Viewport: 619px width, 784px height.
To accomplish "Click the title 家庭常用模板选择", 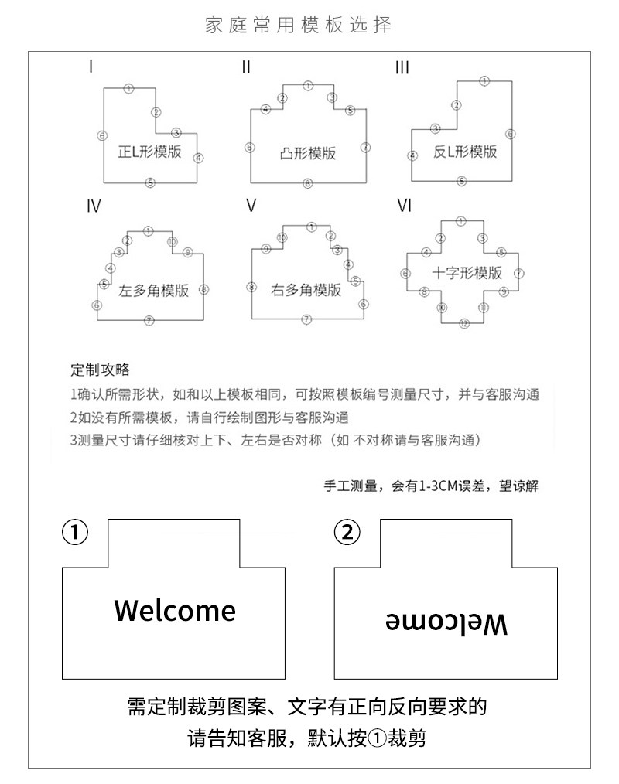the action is (x=299, y=25).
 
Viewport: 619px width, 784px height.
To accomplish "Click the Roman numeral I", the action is (x=91, y=67).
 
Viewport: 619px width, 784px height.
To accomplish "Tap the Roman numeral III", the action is (x=402, y=68).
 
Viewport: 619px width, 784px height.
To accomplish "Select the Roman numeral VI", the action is (x=404, y=206).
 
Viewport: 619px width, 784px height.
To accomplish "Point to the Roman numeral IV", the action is (x=94, y=206).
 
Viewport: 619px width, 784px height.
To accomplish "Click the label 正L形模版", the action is (x=149, y=152).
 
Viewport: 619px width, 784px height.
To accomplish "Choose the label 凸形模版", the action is (x=308, y=153).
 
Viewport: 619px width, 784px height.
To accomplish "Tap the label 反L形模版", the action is (x=464, y=152).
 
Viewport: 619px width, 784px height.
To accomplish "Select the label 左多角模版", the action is (x=153, y=291).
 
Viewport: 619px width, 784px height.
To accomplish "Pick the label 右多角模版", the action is (x=306, y=291).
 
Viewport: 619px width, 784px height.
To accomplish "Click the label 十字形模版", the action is (x=467, y=273).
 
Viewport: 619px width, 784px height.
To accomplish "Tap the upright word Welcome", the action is (x=174, y=610).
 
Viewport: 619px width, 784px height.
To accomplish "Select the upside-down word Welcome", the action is (x=446, y=622).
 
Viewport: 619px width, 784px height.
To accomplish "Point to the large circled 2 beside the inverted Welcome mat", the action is (x=347, y=532).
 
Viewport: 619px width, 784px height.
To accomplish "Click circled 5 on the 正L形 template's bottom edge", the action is (x=150, y=182).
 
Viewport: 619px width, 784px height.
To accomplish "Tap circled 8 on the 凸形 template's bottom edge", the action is (x=308, y=183).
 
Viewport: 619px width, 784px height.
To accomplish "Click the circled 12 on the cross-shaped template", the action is (x=463, y=323).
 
